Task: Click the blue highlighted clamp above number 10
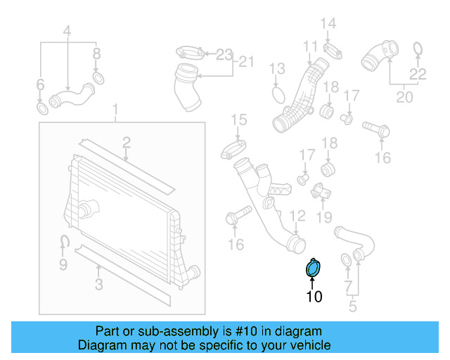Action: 313,268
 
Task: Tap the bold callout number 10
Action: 314,297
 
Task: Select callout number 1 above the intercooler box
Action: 116,110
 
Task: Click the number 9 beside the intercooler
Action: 63,264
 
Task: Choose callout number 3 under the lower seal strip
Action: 99,284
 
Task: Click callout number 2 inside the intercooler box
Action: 126,143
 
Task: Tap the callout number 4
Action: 67,32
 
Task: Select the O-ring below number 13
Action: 278,95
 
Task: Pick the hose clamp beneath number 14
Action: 333,49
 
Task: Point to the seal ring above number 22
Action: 417,48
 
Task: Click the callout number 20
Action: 404,97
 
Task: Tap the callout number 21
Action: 245,62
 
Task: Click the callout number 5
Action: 353,305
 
